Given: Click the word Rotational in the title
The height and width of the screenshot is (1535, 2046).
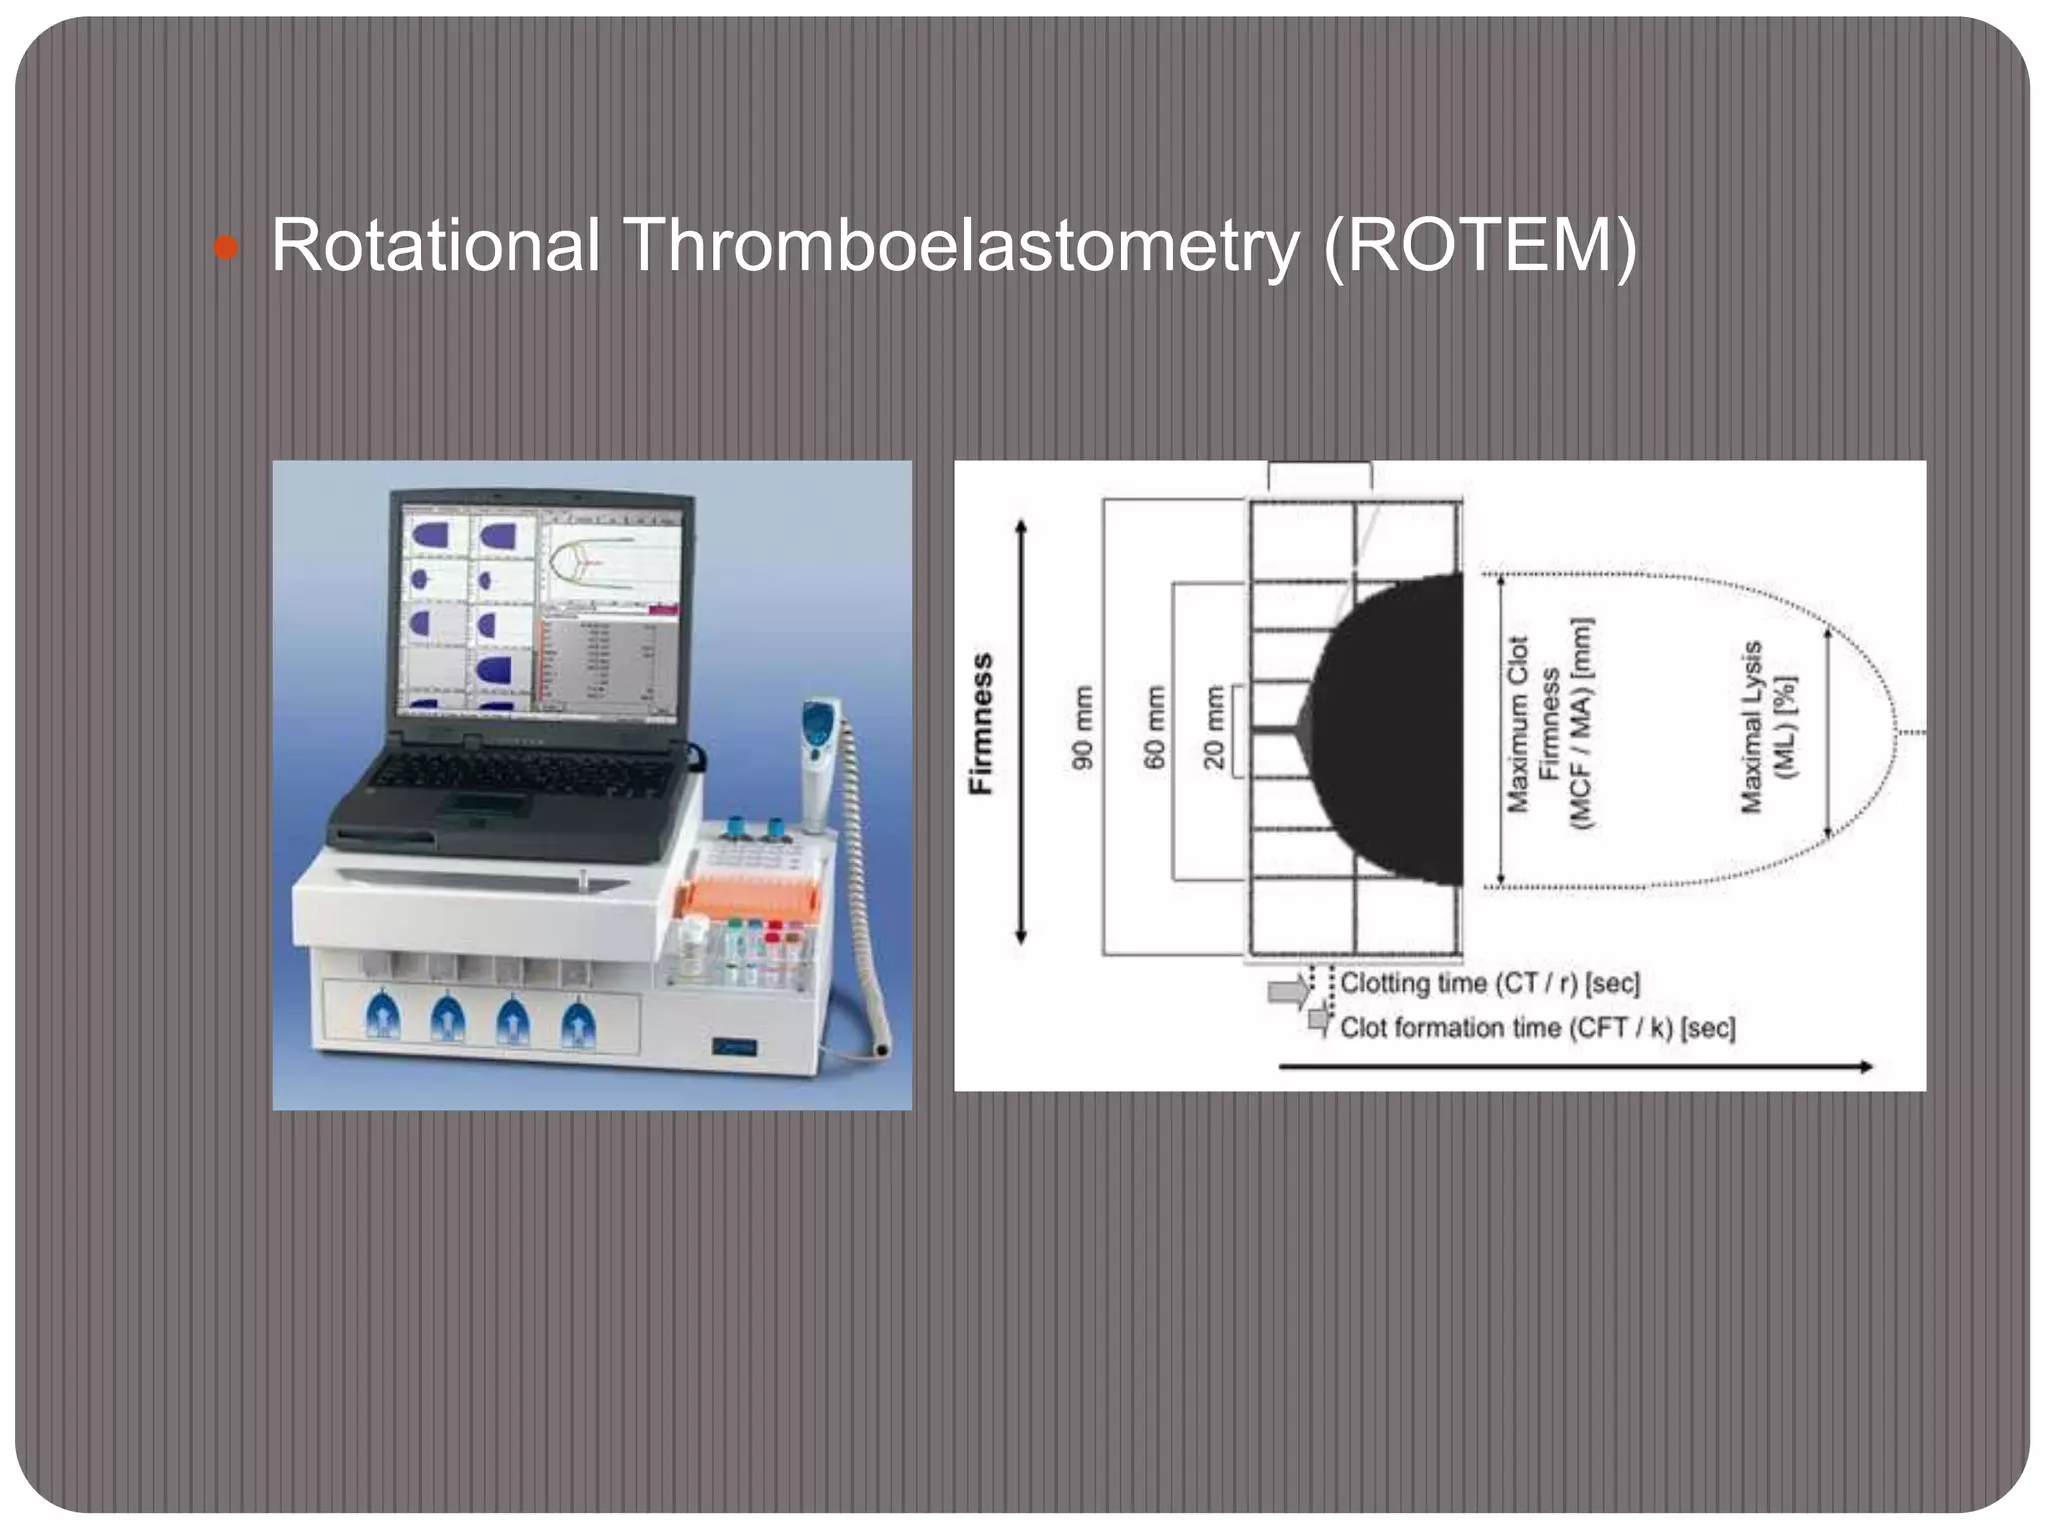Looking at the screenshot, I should point(436,245).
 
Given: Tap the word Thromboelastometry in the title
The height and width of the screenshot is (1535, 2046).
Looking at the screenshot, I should point(960,245).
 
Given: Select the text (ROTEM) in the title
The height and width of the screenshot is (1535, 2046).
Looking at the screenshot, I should point(1480,245).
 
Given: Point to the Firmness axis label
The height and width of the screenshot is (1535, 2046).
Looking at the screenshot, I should point(982,724).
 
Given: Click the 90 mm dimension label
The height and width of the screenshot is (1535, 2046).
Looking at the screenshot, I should point(1082,727).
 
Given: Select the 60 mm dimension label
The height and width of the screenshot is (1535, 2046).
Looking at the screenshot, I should point(1154,727).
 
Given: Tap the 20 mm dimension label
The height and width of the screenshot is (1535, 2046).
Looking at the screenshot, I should point(1213,727).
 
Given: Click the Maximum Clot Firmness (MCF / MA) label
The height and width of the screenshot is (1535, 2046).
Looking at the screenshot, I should point(1549,725).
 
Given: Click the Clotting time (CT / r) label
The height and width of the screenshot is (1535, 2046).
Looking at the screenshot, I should point(1490,983).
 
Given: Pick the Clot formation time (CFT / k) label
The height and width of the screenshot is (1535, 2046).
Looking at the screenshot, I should point(1536,1027).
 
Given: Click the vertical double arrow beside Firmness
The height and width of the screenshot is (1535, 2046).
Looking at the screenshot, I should point(1020,731).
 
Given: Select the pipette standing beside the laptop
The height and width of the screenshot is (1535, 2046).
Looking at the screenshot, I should point(819,760).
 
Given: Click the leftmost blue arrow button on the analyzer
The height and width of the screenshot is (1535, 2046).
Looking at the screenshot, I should point(383,1019).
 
